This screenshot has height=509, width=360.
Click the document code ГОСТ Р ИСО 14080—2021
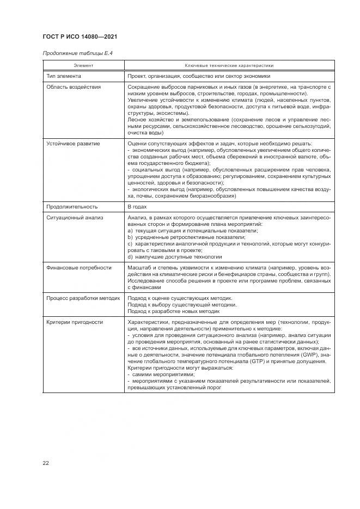point(80,37)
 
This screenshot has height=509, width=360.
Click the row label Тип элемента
point(64,76)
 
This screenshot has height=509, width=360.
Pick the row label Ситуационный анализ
point(74,218)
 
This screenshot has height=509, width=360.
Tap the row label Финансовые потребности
point(78,268)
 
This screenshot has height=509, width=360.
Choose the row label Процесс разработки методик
point(83,298)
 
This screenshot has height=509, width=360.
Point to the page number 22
point(46,463)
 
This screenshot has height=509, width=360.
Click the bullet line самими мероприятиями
point(161,375)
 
